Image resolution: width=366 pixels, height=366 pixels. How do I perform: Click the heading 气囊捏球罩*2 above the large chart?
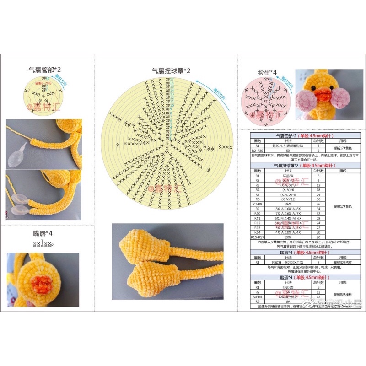(x=171, y=71)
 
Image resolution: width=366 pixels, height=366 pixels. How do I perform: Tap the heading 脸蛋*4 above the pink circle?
(x=267, y=72)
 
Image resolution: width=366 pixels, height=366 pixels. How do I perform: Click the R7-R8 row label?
(x=257, y=204)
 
